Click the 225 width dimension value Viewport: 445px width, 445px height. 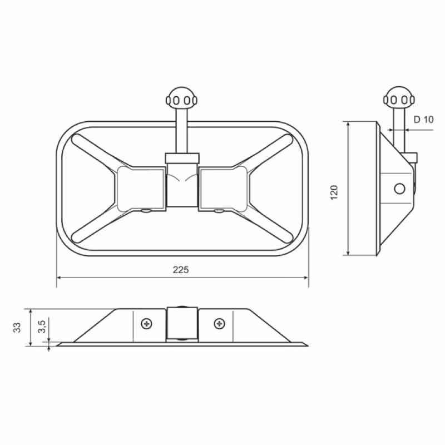pos(181,270)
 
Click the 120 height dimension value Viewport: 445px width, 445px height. pos(334,192)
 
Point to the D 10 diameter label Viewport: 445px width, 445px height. pos(424,120)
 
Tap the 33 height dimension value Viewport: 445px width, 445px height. pos(17,328)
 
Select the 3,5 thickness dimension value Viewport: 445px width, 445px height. pos(42,327)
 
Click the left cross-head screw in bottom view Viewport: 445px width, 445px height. pos(147,324)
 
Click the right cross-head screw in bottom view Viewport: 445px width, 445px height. pos(219,323)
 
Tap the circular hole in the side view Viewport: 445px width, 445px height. pos(399,189)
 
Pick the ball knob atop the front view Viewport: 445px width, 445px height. pos(182,98)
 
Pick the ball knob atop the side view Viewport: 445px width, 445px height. pos(399,98)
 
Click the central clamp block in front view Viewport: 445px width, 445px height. pos(182,180)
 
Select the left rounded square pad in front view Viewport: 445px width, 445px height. pos(141,189)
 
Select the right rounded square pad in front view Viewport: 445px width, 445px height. pos(223,189)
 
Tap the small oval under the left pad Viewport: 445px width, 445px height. pos(146,211)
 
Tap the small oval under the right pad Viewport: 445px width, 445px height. pos(219,211)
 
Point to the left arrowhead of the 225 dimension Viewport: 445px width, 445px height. pos(59,278)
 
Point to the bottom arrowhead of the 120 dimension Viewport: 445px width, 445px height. pos(348,253)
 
